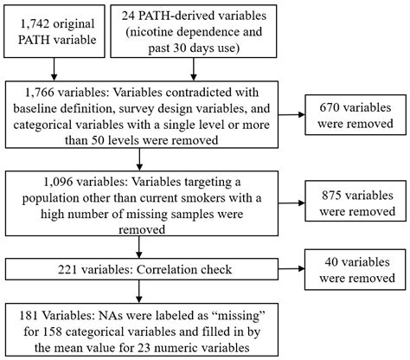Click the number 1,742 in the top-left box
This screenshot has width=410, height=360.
(x=34, y=20)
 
